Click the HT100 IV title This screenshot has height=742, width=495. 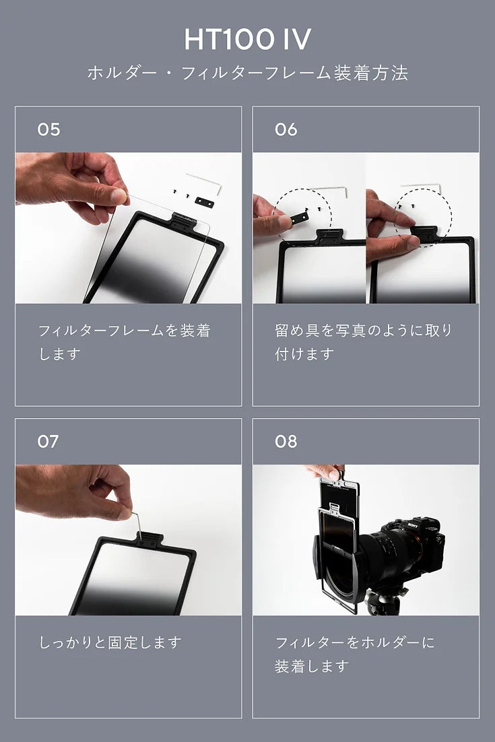click(248, 39)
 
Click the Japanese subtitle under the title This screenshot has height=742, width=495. click(248, 73)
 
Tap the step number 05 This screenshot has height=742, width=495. click(48, 129)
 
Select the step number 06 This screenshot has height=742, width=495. click(286, 129)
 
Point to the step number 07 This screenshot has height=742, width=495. click(48, 442)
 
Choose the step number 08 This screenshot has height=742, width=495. click(286, 442)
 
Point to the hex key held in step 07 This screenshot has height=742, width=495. click(136, 525)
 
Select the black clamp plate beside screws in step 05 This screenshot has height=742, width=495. click(205, 203)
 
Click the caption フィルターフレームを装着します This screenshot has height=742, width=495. click(124, 341)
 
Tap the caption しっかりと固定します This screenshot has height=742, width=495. click(110, 642)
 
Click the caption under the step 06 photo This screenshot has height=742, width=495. click(363, 341)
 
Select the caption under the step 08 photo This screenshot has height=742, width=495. click(354, 654)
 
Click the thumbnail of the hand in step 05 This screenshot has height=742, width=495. click(119, 195)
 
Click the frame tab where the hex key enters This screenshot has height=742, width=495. click(147, 539)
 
